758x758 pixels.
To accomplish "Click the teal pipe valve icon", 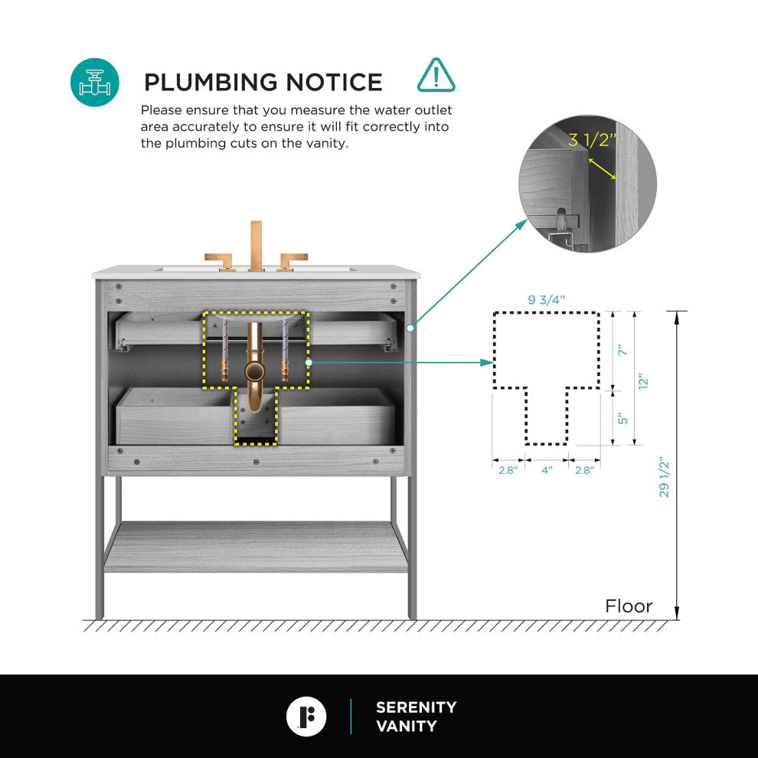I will [x=95, y=82].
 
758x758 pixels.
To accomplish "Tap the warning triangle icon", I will [x=436, y=75].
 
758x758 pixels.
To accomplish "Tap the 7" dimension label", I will [x=622, y=351].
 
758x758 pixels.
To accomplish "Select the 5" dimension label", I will [x=622, y=418].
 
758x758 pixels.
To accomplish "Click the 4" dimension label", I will [x=547, y=470].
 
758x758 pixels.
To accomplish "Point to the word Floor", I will [x=629, y=606].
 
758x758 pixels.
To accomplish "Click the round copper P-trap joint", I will [x=255, y=372].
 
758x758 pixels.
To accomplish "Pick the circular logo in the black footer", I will [x=306, y=717].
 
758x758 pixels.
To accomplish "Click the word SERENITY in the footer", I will [x=416, y=707].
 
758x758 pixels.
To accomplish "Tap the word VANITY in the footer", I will [x=407, y=726].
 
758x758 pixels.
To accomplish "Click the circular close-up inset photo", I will [x=587, y=185].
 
